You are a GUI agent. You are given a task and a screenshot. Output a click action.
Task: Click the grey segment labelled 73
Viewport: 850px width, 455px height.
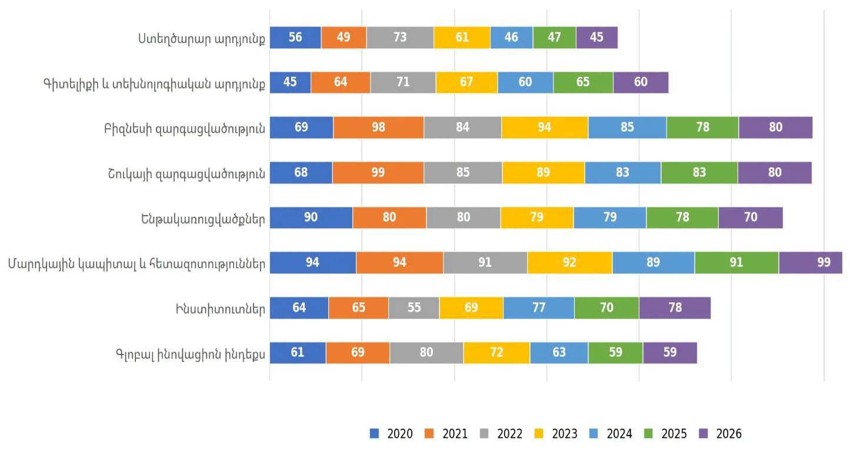[400, 38]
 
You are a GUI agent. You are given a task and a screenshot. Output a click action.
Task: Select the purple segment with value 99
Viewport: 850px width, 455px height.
[811, 262]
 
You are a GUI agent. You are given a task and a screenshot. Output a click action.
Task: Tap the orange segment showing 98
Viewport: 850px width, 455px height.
[378, 128]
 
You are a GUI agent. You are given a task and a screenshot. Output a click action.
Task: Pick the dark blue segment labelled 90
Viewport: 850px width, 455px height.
[311, 218]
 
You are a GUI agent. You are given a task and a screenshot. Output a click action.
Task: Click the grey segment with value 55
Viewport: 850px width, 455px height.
[414, 308]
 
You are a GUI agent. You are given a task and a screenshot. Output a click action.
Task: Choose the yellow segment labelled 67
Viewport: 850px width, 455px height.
[466, 82]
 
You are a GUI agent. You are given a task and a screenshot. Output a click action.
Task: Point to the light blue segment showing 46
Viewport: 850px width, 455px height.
[512, 38]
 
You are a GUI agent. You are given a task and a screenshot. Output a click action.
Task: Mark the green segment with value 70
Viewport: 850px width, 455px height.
[606, 308]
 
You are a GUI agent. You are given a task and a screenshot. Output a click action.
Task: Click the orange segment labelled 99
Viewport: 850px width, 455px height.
[378, 172]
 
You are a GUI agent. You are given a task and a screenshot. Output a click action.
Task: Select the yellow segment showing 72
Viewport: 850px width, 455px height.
[496, 353]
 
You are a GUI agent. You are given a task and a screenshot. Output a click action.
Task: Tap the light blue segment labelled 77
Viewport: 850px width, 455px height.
[539, 308]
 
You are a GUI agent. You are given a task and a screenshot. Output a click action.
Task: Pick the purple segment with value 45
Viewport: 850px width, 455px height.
[597, 38]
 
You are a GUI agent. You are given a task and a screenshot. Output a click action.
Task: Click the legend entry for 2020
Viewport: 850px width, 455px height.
[391, 433]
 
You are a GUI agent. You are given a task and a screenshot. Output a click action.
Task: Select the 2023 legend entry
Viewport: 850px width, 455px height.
[555, 433]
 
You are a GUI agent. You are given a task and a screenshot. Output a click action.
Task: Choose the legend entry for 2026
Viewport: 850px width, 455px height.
[720, 433]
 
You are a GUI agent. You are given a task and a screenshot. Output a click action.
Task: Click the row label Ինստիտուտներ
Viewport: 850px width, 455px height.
[221, 309]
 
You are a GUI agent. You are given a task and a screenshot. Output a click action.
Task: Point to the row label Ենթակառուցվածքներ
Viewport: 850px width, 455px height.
[203, 219]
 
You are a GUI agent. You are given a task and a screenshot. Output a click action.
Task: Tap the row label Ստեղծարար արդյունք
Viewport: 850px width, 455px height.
[202, 39]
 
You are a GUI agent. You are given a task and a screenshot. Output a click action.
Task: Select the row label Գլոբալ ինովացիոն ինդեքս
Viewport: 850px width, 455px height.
[191, 354]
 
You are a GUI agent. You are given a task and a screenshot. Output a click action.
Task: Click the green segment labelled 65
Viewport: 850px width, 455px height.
[584, 82]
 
